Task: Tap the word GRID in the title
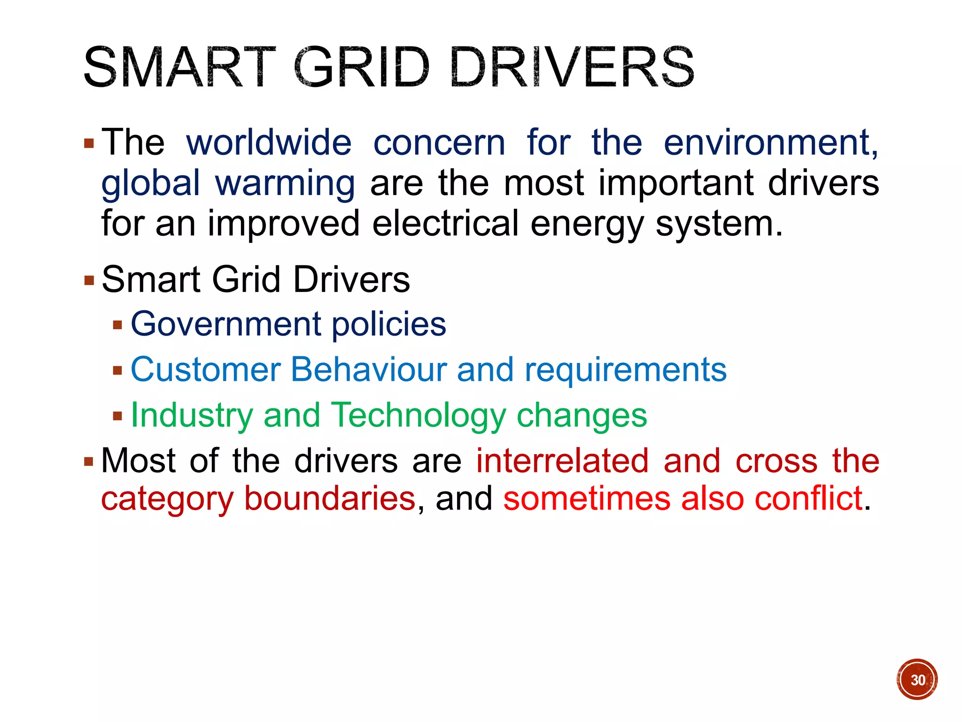[x=361, y=67]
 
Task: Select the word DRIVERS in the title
[x=572, y=67]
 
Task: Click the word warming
[x=285, y=183]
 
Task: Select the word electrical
[x=445, y=223]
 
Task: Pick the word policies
[x=389, y=324]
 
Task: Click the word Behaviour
[x=369, y=369]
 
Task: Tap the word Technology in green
[x=419, y=416]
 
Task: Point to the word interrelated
[x=562, y=461]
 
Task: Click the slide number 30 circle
[x=917, y=679]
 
